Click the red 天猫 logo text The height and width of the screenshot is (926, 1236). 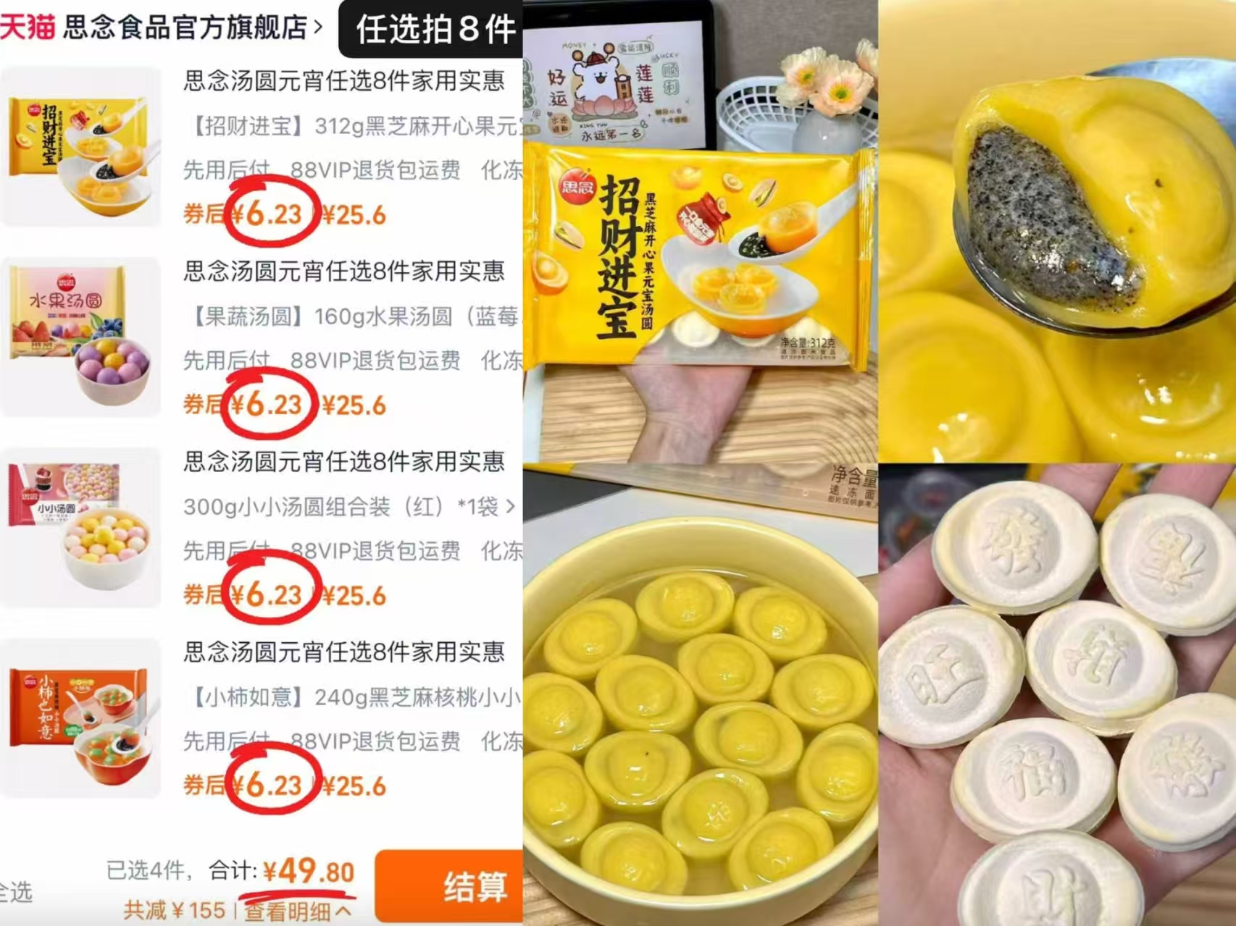[28, 27]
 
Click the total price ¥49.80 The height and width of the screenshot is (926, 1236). [309, 871]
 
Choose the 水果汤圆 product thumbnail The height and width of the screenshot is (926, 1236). [80, 337]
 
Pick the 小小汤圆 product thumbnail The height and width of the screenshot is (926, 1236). [80, 526]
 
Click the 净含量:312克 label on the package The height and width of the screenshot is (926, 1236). [809, 342]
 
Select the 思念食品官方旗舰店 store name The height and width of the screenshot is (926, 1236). [185, 27]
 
